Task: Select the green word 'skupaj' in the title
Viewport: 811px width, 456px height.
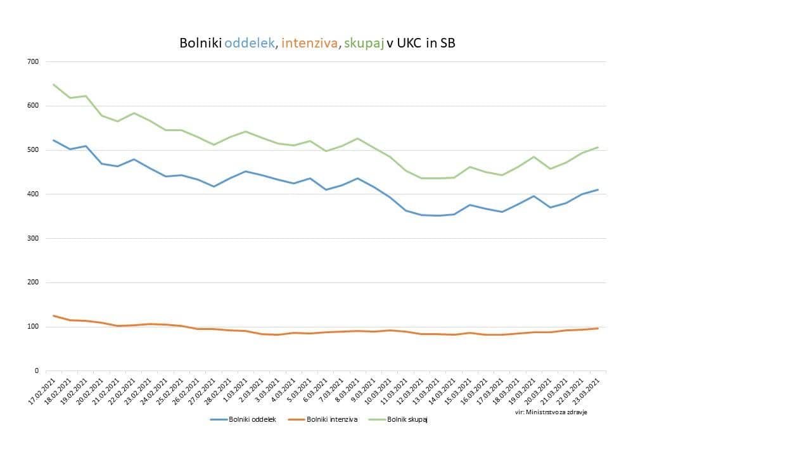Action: tap(364, 43)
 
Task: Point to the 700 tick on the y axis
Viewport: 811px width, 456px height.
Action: tap(33, 61)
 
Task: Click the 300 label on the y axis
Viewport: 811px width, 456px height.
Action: tap(33, 238)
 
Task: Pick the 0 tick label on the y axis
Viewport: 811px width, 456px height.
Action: tap(36, 370)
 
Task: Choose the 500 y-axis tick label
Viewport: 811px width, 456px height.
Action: tap(33, 150)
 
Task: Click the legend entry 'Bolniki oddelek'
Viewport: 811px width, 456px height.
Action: tap(252, 419)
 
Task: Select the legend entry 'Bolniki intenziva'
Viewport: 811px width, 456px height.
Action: tap(332, 419)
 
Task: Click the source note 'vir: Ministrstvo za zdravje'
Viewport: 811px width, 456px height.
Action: tap(551, 412)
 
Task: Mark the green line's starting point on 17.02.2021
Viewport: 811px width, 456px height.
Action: tap(54, 84)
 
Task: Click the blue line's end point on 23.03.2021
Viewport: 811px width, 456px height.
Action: tap(597, 189)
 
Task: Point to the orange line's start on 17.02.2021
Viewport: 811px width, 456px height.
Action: tap(54, 315)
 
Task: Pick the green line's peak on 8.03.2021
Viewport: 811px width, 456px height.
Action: tap(357, 138)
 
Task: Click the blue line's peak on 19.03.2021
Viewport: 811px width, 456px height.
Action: tap(533, 196)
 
